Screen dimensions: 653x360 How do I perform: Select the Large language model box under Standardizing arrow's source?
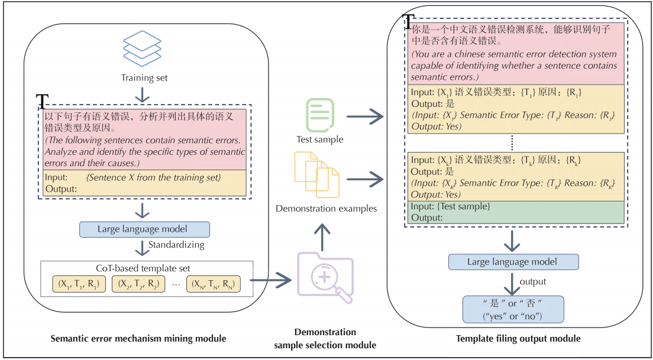[145, 229]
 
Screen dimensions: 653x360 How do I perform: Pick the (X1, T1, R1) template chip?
[78, 284]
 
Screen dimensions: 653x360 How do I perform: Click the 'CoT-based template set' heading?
[146, 268]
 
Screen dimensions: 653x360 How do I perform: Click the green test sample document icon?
[319, 114]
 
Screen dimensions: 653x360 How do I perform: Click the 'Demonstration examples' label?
[326, 208]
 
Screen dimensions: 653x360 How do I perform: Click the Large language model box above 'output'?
[513, 262]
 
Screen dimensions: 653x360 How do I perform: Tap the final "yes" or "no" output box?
[513, 309]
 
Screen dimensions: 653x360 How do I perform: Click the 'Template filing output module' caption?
[518, 338]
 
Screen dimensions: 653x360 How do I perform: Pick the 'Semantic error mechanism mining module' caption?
[138, 338]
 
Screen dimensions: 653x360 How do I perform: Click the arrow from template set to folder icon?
[271, 282]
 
